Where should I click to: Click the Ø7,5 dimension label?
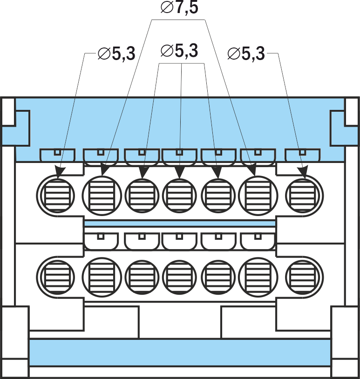pos(179,7)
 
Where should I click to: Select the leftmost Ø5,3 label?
pos(116,54)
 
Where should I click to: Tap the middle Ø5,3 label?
pos(179,51)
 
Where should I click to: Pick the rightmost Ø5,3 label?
pos(246,54)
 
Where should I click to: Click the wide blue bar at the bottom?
pos(180,352)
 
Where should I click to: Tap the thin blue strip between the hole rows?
pos(180,223)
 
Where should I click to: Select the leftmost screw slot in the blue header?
pos(57,155)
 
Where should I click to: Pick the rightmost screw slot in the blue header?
pos(302,155)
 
